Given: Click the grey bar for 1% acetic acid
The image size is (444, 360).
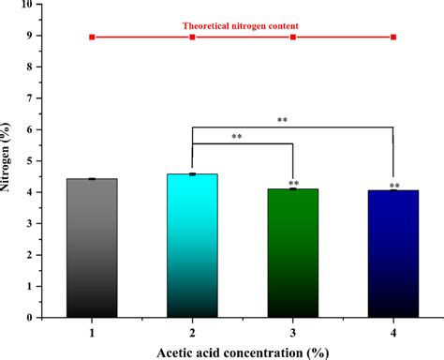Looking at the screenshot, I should [x=92, y=247].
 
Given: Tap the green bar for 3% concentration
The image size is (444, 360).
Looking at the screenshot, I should [x=293, y=253].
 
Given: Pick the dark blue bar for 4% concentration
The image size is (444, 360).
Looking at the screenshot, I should [x=393, y=254].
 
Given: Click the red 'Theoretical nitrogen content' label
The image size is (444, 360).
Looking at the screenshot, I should [x=242, y=26].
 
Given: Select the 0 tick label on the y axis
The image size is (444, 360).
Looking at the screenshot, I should [x=37, y=318].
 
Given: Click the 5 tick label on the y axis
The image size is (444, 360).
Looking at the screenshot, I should [x=37, y=161].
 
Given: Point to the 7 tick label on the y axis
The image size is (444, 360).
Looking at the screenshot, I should [x=37, y=98].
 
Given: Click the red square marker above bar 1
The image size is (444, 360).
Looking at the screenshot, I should [x=92, y=37].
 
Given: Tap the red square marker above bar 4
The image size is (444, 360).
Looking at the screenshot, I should [x=393, y=37].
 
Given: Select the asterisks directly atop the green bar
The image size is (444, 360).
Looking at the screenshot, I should [x=293, y=184].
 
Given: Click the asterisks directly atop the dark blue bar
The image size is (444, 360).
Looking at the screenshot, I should [x=393, y=186].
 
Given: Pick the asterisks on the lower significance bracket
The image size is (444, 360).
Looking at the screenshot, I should [x=237, y=138].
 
